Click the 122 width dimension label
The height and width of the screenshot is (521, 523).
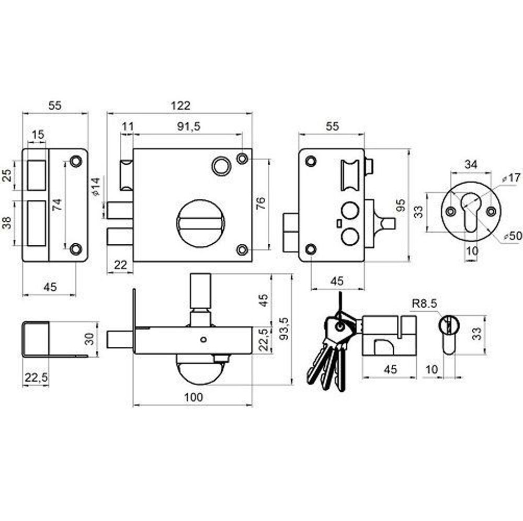click(x=180, y=105)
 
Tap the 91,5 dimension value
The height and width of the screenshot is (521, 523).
click(x=188, y=127)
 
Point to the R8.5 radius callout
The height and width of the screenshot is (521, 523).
click(x=424, y=303)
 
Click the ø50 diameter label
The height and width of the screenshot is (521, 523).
click(x=513, y=236)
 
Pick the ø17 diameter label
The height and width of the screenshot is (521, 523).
click(x=511, y=178)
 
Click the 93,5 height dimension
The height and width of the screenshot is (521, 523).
click(x=284, y=329)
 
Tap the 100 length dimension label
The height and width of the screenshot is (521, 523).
click(x=194, y=397)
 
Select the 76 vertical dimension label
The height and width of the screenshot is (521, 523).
click(x=261, y=203)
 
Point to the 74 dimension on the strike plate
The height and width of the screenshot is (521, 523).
click(x=57, y=205)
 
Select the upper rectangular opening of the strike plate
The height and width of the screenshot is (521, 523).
click(x=37, y=175)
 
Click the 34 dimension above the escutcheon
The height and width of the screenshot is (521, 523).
click(x=471, y=164)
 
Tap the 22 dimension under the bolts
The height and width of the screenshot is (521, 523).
click(x=120, y=265)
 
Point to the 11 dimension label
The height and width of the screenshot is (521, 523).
click(x=128, y=127)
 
